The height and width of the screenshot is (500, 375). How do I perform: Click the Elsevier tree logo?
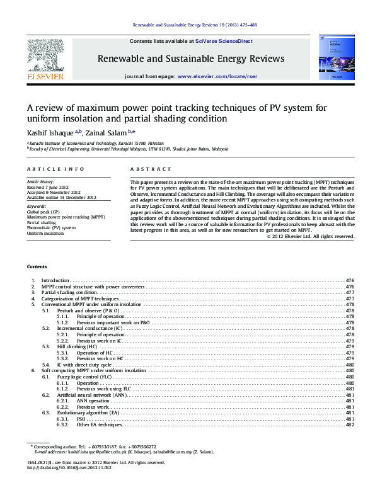45,55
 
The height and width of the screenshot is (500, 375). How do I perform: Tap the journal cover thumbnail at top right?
331,58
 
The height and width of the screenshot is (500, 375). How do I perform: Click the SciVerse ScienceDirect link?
224,41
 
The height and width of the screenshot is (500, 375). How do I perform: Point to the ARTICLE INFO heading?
55,169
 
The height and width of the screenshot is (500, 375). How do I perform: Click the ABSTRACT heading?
151,169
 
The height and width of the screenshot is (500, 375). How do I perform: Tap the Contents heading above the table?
37,285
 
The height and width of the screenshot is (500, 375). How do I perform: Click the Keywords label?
37,206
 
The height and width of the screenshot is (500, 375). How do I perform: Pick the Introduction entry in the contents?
55,297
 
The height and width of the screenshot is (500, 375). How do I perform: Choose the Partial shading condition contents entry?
69,310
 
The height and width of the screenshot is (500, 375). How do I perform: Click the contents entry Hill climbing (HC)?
78,347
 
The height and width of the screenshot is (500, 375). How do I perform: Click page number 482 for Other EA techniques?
350,425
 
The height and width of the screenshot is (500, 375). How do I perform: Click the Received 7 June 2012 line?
49,188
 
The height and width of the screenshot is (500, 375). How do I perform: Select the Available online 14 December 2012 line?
62,198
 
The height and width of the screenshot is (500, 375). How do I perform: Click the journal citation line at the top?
195,26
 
